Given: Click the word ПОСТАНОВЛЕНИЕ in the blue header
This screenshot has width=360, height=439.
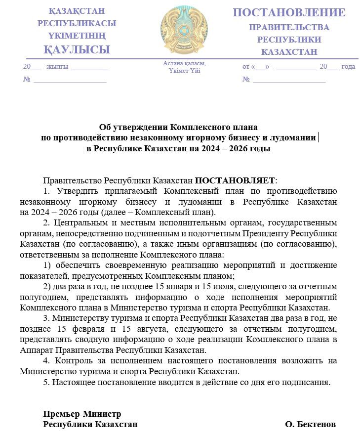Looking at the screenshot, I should point(289,12).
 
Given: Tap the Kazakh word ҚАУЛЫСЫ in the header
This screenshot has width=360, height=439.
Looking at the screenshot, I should point(77,49).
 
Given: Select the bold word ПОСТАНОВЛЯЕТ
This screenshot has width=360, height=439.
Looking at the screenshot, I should point(235,181).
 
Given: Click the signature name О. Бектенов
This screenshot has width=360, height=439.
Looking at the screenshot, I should point(311,424).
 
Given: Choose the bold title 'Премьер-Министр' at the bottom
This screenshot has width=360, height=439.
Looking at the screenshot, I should point(82,414).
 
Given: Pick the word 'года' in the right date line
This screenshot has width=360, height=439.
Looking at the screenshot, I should point(348,67).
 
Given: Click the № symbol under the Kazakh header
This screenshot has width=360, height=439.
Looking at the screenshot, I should point(27,79).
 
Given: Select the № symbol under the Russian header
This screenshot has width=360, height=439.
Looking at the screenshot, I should point(246,79).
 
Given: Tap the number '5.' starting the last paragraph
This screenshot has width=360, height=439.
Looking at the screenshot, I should point(46,382).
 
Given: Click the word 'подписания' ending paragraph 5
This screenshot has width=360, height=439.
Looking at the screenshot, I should point(309,382).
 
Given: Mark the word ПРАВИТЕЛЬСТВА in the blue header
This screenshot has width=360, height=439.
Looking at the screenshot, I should point(289,27).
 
